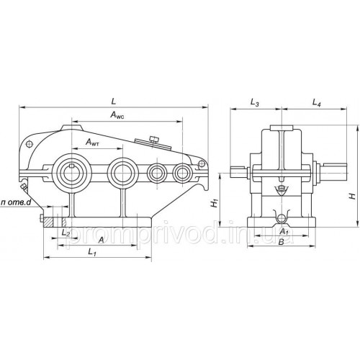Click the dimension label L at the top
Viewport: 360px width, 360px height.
coord(114,101)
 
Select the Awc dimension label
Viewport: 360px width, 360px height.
coord(117,115)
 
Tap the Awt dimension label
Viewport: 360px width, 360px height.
coord(93,143)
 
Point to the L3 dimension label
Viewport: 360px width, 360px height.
coord(255,103)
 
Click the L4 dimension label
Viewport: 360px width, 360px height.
coord(317,103)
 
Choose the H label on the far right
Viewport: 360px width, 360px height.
coord(352,197)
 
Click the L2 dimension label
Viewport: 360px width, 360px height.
coord(66,233)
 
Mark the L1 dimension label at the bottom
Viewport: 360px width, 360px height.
coord(92,252)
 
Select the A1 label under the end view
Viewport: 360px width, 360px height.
coord(284,231)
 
